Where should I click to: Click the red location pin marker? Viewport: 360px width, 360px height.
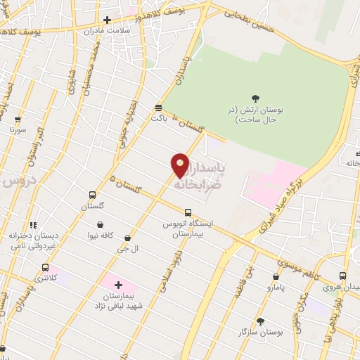click(181, 165)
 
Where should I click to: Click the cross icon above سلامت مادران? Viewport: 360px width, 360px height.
click(107, 20)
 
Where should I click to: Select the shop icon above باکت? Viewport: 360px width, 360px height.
click(159, 108)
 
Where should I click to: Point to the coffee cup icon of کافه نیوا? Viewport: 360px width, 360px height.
click(101, 226)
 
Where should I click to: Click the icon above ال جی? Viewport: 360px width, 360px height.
click(127, 238)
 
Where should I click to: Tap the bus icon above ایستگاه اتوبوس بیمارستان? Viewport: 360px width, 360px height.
click(188, 212)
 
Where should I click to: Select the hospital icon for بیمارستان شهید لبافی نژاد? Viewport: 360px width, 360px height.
click(117, 285)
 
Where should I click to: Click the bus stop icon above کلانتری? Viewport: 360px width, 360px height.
click(46, 267)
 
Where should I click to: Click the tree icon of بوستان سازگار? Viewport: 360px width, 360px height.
click(261, 321)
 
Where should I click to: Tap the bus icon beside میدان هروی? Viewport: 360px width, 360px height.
click(342, 276)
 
